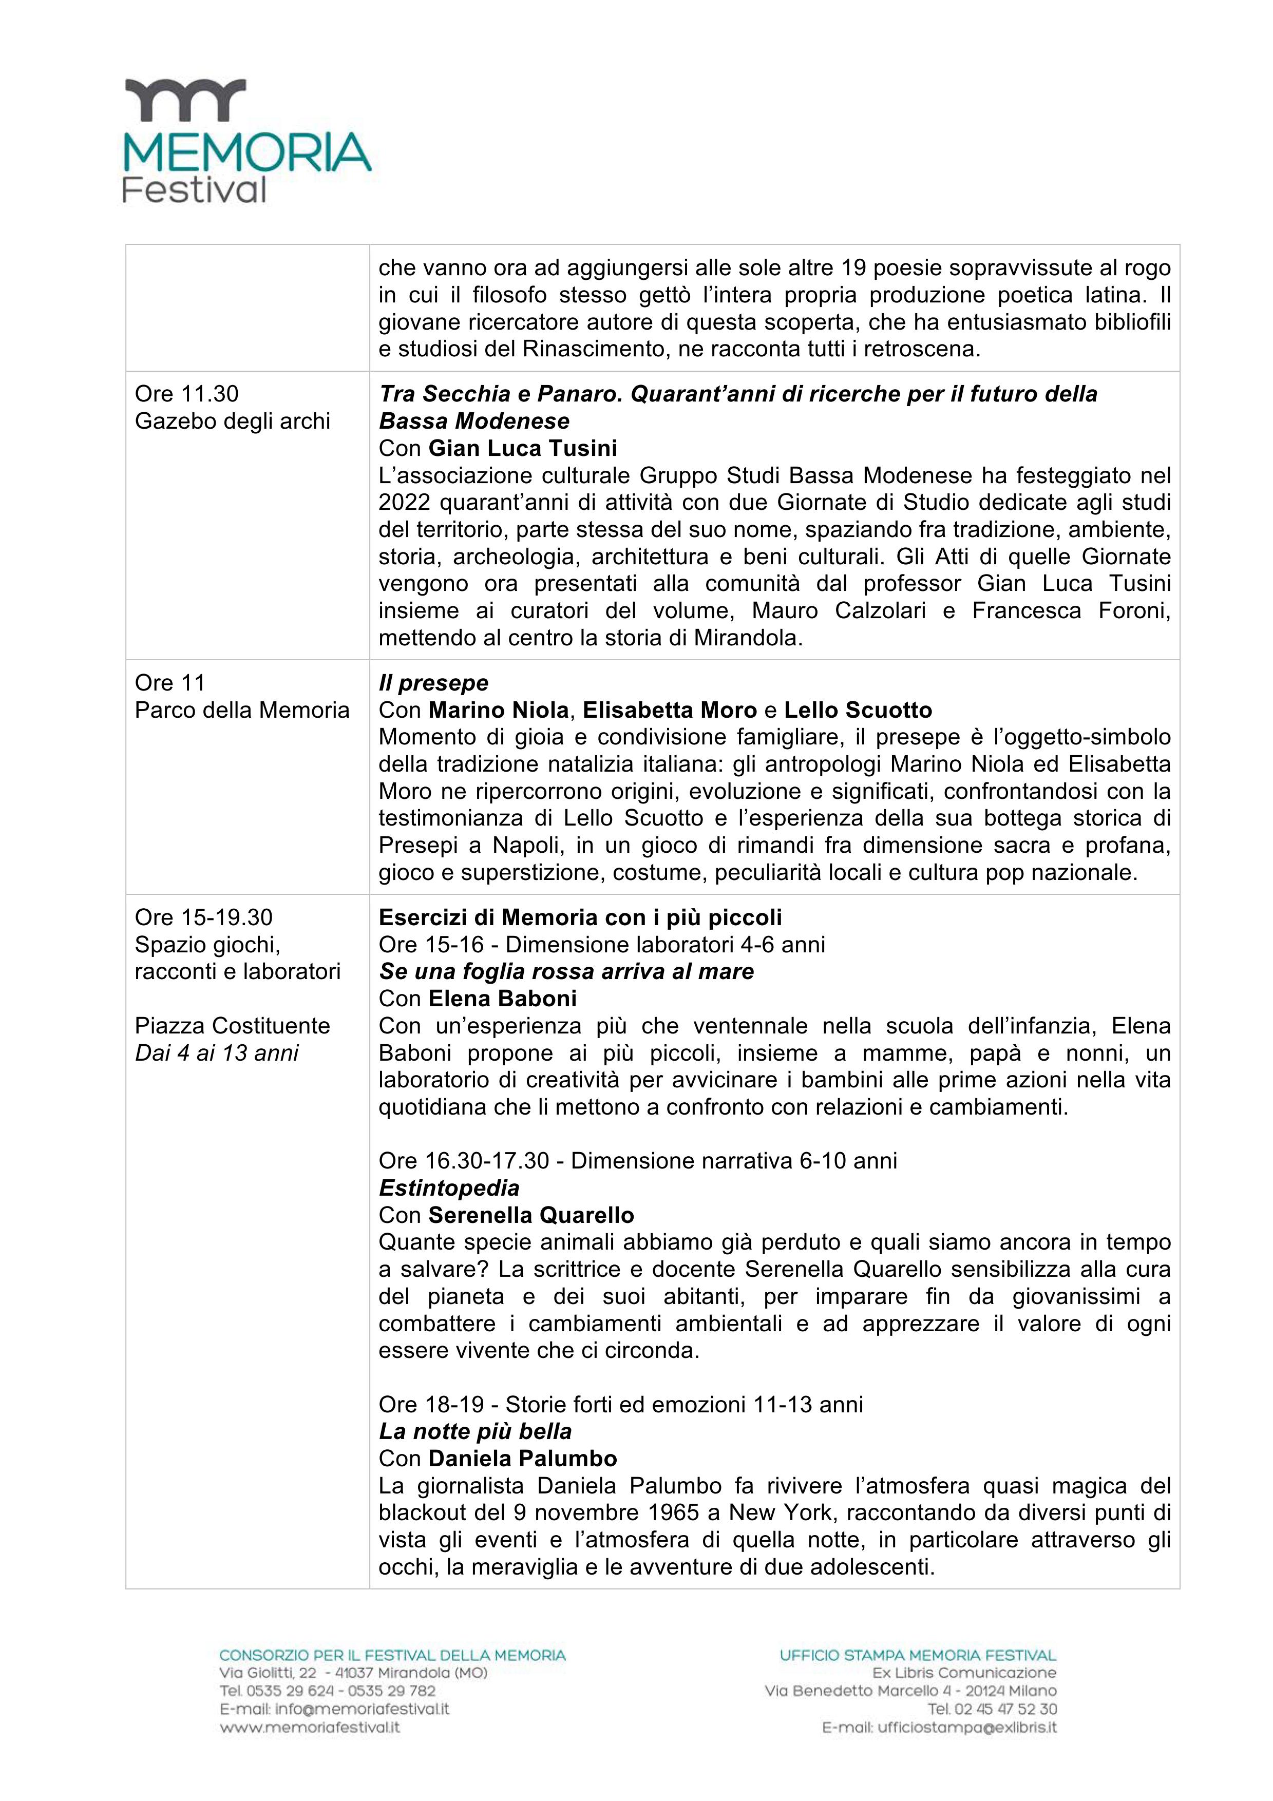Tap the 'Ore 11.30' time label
(x=187, y=394)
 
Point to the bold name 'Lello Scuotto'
(x=858, y=710)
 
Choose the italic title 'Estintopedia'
(x=449, y=1187)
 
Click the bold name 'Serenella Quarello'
(x=531, y=1215)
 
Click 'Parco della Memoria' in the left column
(x=241, y=710)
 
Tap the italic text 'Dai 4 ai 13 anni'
(x=217, y=1052)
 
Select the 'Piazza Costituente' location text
(x=232, y=1025)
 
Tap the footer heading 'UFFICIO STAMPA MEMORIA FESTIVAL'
(x=918, y=1655)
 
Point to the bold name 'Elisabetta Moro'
(x=670, y=710)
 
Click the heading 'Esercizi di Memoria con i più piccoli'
(x=580, y=917)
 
